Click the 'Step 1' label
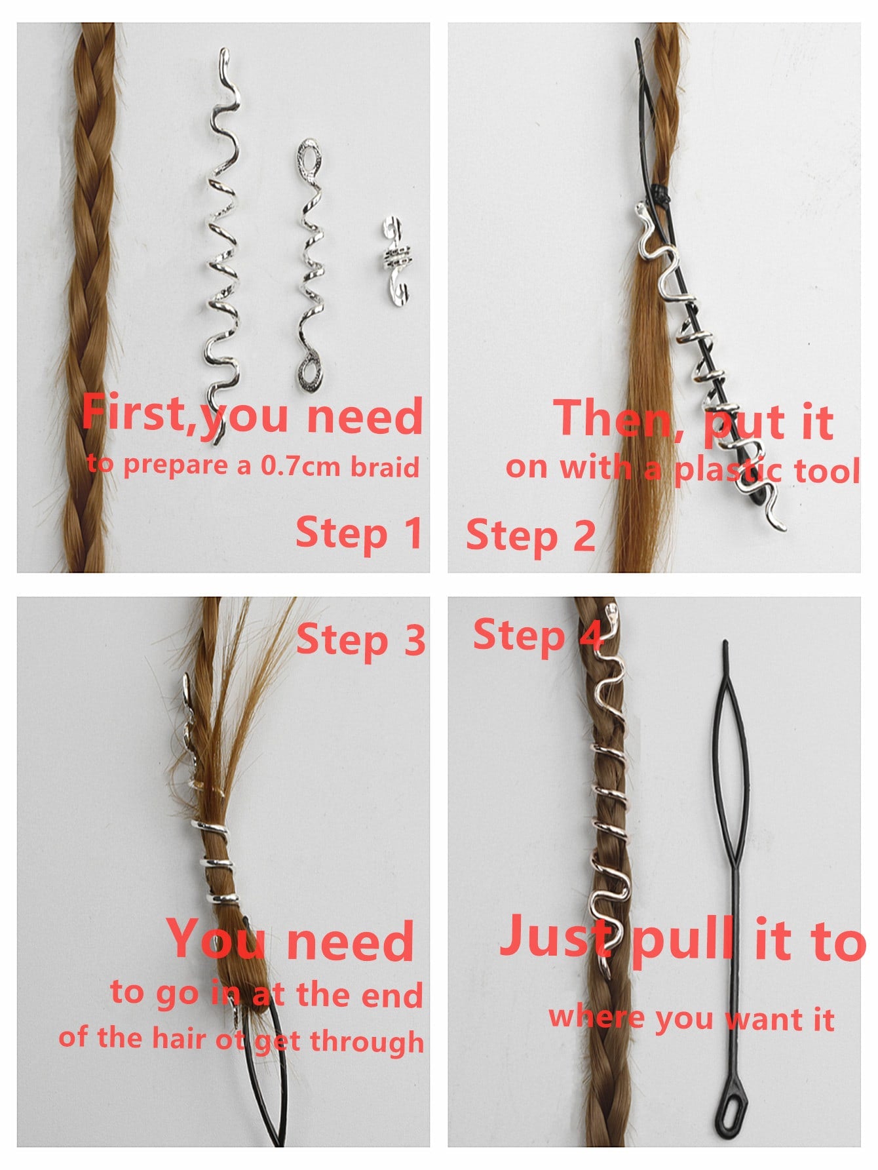coord(359,533)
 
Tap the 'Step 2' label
coord(531,536)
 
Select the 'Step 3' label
coord(361,640)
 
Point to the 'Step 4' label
coord(537,636)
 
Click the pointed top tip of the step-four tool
coord(725,642)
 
